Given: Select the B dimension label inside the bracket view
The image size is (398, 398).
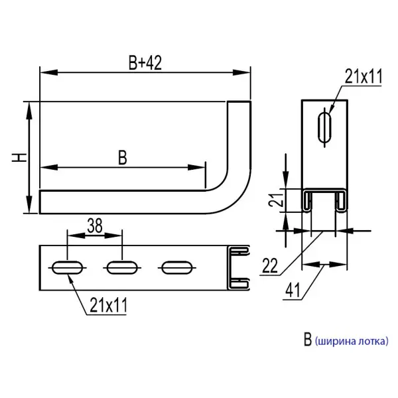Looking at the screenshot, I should tap(121, 157).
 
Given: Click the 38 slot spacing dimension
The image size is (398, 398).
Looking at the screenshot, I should tap(94, 226).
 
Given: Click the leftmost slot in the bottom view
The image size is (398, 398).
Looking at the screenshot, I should tap(67, 267).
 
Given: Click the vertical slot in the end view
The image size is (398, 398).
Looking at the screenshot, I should tap(324, 126).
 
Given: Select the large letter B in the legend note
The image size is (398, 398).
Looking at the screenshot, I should tap(306, 341).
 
